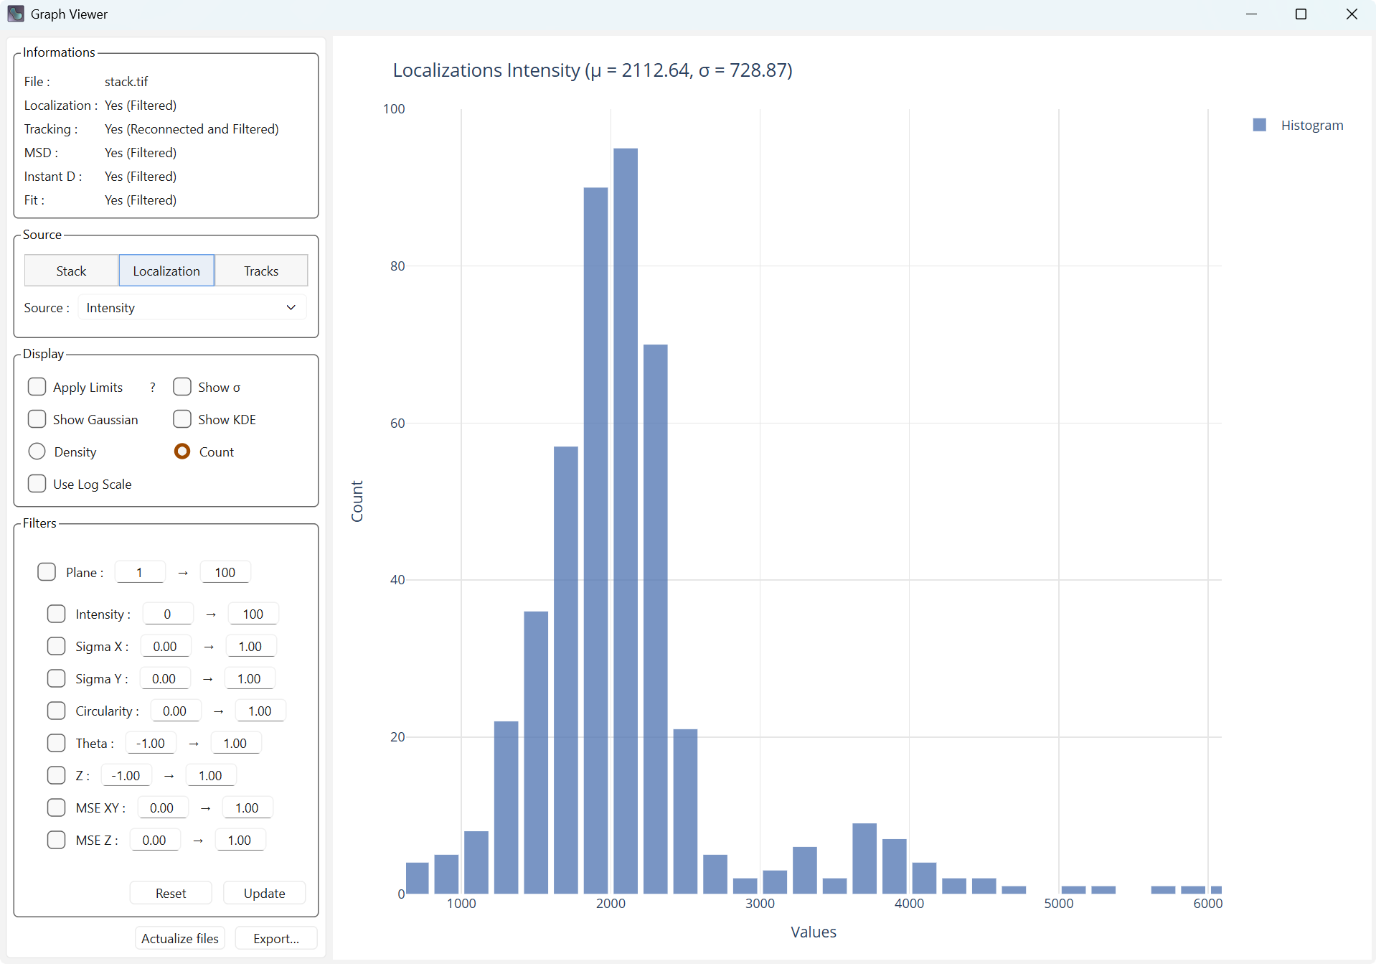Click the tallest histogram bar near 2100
coord(625,520)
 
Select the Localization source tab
coord(166,271)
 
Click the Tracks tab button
coord(261,271)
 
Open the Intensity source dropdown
coord(192,308)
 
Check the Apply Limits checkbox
coord(37,387)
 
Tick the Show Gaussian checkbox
coord(37,419)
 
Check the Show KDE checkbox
coord(182,419)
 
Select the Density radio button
coord(37,451)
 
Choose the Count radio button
coord(182,451)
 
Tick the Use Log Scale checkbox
coord(37,484)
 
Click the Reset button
coord(171,893)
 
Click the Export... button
coord(276,938)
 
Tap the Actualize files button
coord(180,938)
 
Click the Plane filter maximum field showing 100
coord(225,572)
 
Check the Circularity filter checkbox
coord(56,711)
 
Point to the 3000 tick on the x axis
coord(760,903)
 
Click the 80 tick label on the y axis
coord(397,266)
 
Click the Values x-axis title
coord(814,932)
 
